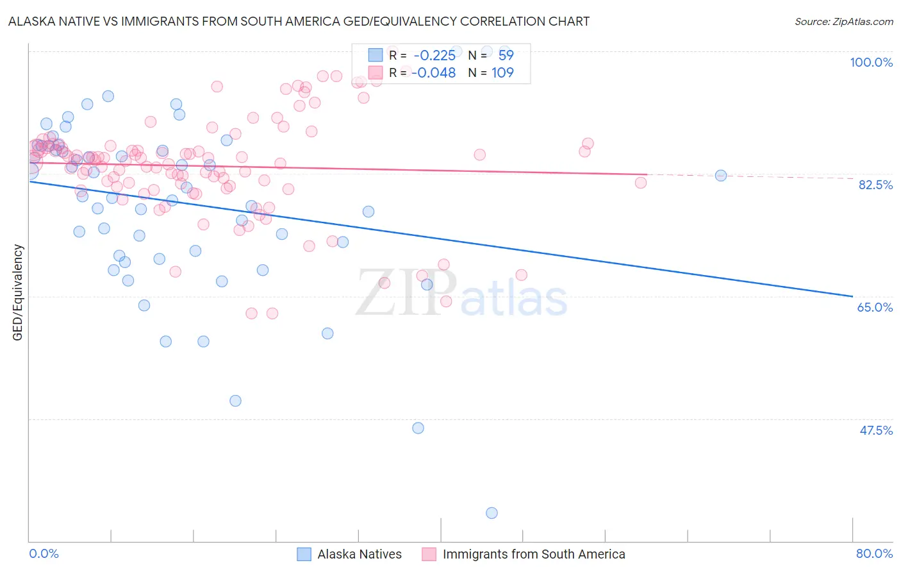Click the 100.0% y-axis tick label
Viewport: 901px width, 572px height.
[x=871, y=62]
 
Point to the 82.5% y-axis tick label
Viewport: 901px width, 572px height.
[x=875, y=185]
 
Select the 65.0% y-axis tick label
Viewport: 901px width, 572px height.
[x=875, y=307]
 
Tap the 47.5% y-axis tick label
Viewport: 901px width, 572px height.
[x=876, y=430]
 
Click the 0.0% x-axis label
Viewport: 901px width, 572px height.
[x=44, y=553]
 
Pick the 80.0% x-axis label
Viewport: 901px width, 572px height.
[x=874, y=553]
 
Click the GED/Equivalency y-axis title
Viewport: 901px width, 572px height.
[x=18, y=292]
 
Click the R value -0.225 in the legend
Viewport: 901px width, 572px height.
[x=434, y=55]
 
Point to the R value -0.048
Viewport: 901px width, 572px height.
[x=433, y=72]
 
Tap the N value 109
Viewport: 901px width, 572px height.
[x=502, y=72]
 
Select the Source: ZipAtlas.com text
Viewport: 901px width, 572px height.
[x=843, y=21]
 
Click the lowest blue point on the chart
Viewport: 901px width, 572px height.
[x=492, y=512]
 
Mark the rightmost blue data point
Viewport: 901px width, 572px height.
[x=721, y=175]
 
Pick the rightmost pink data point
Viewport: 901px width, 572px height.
[x=641, y=183]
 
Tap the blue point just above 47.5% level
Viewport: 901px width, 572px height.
[x=418, y=428]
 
